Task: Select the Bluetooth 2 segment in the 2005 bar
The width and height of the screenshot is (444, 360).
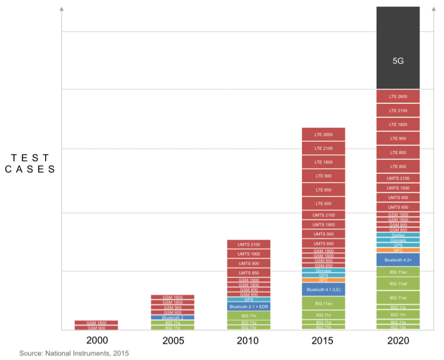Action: click(x=172, y=318)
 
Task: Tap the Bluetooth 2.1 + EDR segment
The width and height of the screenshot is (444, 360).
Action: click(x=248, y=307)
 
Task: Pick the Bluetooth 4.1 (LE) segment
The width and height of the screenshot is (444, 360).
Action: click(x=323, y=290)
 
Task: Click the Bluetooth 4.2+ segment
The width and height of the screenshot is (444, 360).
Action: click(x=398, y=260)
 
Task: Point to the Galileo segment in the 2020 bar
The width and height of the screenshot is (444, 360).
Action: click(x=398, y=235)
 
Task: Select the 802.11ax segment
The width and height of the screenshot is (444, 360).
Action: click(x=398, y=272)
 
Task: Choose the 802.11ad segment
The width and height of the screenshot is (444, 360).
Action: click(x=398, y=284)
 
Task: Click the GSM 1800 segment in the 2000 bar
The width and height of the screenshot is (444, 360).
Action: click(x=96, y=323)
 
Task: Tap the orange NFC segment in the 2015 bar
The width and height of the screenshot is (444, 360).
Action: click(x=323, y=280)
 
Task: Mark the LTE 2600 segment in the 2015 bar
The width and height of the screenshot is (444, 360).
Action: click(x=323, y=134)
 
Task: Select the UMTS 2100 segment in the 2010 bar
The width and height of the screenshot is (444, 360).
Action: click(x=248, y=244)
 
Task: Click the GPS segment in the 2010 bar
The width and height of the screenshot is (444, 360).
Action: click(x=248, y=299)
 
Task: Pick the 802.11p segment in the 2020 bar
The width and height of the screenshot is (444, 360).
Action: click(x=398, y=307)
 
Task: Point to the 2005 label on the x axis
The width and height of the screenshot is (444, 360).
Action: click(x=172, y=341)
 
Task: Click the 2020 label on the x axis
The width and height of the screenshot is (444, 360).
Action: click(x=398, y=341)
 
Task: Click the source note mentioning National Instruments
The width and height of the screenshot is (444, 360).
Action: click(x=74, y=353)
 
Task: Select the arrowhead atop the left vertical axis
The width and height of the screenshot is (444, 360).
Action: click(x=61, y=9)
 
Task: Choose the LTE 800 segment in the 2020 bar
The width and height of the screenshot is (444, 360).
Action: click(x=398, y=167)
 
